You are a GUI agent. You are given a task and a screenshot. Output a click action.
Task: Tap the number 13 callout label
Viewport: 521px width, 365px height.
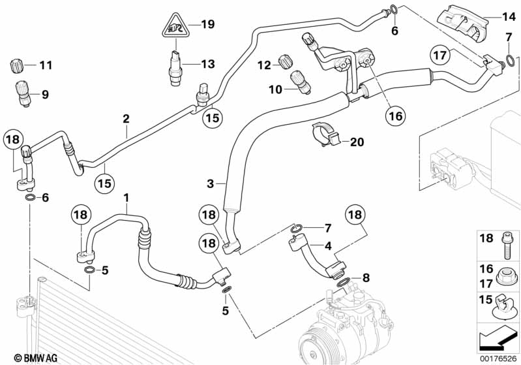(x=207, y=64)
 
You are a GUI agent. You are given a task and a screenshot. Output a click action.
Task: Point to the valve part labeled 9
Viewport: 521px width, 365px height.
(x=24, y=93)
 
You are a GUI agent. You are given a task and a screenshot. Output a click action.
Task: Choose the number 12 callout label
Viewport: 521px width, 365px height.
(x=263, y=65)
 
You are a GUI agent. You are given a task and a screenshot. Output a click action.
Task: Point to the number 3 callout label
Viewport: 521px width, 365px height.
(x=210, y=184)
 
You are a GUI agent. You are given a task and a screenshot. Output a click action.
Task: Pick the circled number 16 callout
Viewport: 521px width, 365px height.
(x=395, y=116)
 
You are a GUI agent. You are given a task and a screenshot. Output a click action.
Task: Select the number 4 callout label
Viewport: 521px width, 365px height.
(x=328, y=247)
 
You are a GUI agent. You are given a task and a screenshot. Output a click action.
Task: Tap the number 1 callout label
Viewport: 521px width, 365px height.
(x=128, y=197)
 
